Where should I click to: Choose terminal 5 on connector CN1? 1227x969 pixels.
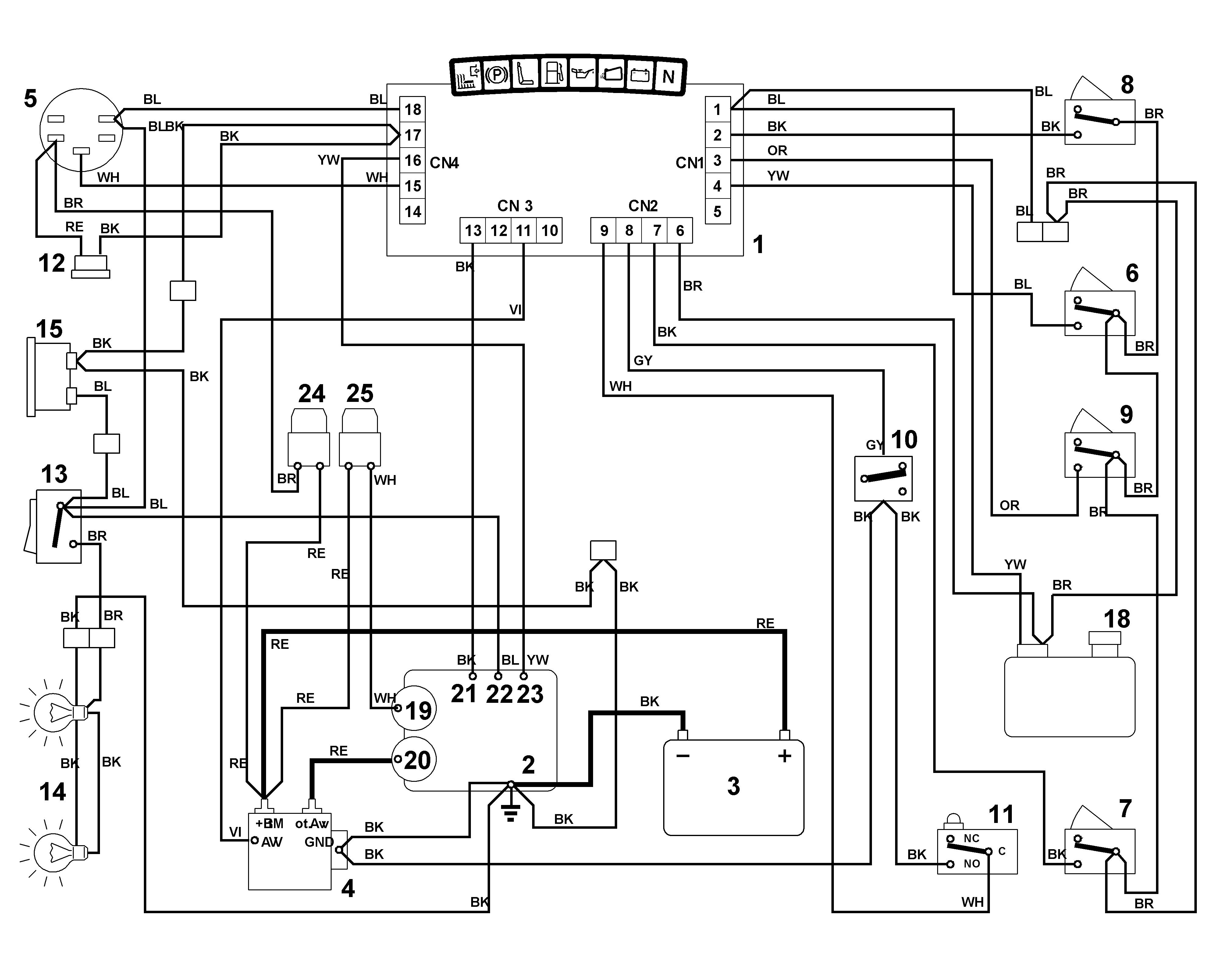click(717, 212)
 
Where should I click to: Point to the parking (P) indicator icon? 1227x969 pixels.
click(497, 75)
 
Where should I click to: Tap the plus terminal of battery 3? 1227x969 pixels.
click(785, 756)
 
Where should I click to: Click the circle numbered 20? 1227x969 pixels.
click(414, 760)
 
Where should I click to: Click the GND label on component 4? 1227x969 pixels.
click(319, 842)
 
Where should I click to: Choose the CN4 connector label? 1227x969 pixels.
click(445, 163)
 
